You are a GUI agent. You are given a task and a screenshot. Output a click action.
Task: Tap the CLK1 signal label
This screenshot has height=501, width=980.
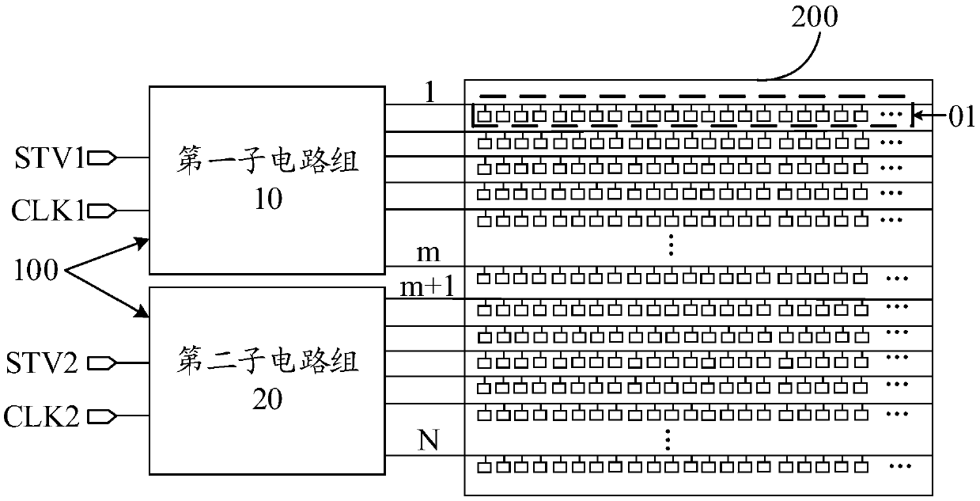(48, 211)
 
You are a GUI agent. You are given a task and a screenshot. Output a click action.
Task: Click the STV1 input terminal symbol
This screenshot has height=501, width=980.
(104, 158)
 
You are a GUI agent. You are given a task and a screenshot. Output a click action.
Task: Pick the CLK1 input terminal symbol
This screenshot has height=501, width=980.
(104, 211)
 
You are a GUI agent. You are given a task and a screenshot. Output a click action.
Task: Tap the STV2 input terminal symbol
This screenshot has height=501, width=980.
(104, 363)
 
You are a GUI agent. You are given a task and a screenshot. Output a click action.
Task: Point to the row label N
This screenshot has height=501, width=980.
(428, 439)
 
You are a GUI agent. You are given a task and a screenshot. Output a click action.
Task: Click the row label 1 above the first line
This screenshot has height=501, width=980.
(429, 93)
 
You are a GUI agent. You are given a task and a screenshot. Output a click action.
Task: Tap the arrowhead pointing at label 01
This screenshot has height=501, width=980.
(921, 120)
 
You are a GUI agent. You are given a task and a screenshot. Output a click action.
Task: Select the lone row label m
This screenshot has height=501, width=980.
(428, 254)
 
